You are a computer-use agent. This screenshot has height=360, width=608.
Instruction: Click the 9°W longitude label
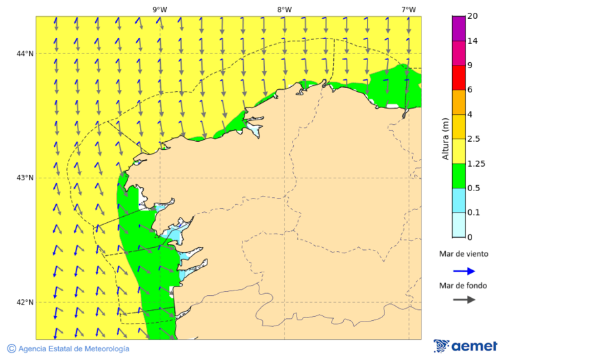[x=159, y=9]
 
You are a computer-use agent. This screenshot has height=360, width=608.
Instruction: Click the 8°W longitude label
[x=284, y=9]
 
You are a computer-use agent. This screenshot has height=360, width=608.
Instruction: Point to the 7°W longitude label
[x=408, y=9]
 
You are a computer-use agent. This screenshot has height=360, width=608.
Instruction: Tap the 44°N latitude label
[x=25, y=53]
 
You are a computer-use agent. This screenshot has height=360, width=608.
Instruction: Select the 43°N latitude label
[x=25, y=178]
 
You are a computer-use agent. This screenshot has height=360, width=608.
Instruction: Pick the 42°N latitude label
[x=25, y=302]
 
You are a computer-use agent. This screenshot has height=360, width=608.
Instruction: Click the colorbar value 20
[x=472, y=16]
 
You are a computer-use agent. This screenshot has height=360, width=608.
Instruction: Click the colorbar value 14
[x=472, y=41]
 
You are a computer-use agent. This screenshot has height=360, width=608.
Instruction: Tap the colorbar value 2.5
[x=474, y=139]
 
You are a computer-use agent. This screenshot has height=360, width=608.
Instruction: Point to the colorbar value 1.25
[x=476, y=163]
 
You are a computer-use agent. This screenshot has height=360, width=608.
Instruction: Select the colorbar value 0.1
[x=474, y=213]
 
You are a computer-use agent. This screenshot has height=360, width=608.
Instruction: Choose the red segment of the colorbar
[x=459, y=78]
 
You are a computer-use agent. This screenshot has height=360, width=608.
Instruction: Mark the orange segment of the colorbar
[x=459, y=102]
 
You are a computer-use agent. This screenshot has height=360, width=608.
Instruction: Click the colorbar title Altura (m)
[x=445, y=138]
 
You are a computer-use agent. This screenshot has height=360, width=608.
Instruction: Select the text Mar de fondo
[x=463, y=285]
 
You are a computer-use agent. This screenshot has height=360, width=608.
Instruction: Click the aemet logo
[x=465, y=346]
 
